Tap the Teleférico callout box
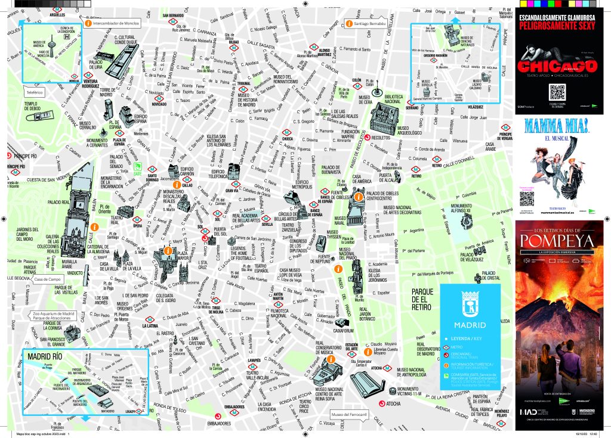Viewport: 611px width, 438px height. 34,93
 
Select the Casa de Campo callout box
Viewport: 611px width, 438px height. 48,279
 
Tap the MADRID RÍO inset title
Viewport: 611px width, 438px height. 45,356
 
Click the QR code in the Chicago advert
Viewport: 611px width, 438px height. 557,92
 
